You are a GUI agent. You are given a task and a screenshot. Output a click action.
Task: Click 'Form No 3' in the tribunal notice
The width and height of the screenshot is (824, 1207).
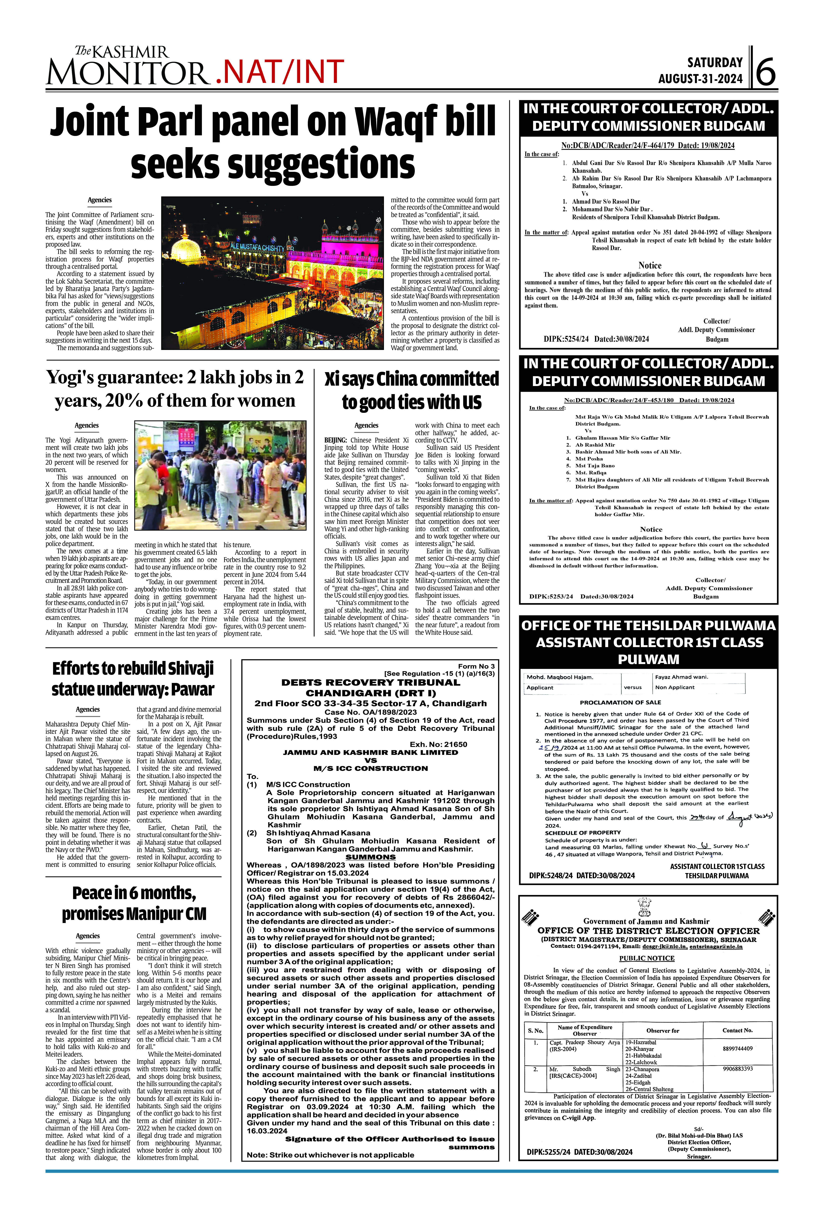[476, 666]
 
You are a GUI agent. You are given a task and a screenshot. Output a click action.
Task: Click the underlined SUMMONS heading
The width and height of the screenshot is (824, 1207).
[370, 857]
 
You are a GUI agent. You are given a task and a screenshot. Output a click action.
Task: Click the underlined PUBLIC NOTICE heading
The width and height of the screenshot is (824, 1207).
[646, 958]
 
